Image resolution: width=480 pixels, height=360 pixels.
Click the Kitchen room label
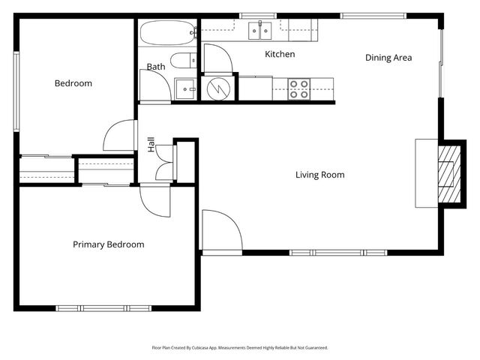click(x=280, y=54)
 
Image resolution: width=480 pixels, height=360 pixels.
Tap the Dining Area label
click(x=388, y=58)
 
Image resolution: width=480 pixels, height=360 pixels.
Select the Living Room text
click(x=319, y=175)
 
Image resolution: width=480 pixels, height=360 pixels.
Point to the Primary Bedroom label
click(x=108, y=244)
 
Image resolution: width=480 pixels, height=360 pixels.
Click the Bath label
click(x=156, y=67)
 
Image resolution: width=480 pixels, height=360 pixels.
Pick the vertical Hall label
click(x=151, y=145)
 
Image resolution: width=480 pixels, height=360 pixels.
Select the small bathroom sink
click(x=184, y=87)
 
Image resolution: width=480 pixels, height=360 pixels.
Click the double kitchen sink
click(x=259, y=31)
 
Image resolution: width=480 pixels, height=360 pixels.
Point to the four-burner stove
click(x=299, y=89)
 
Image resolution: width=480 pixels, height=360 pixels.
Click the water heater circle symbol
click(x=218, y=88)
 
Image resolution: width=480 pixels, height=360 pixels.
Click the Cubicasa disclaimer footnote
click(x=240, y=348)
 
